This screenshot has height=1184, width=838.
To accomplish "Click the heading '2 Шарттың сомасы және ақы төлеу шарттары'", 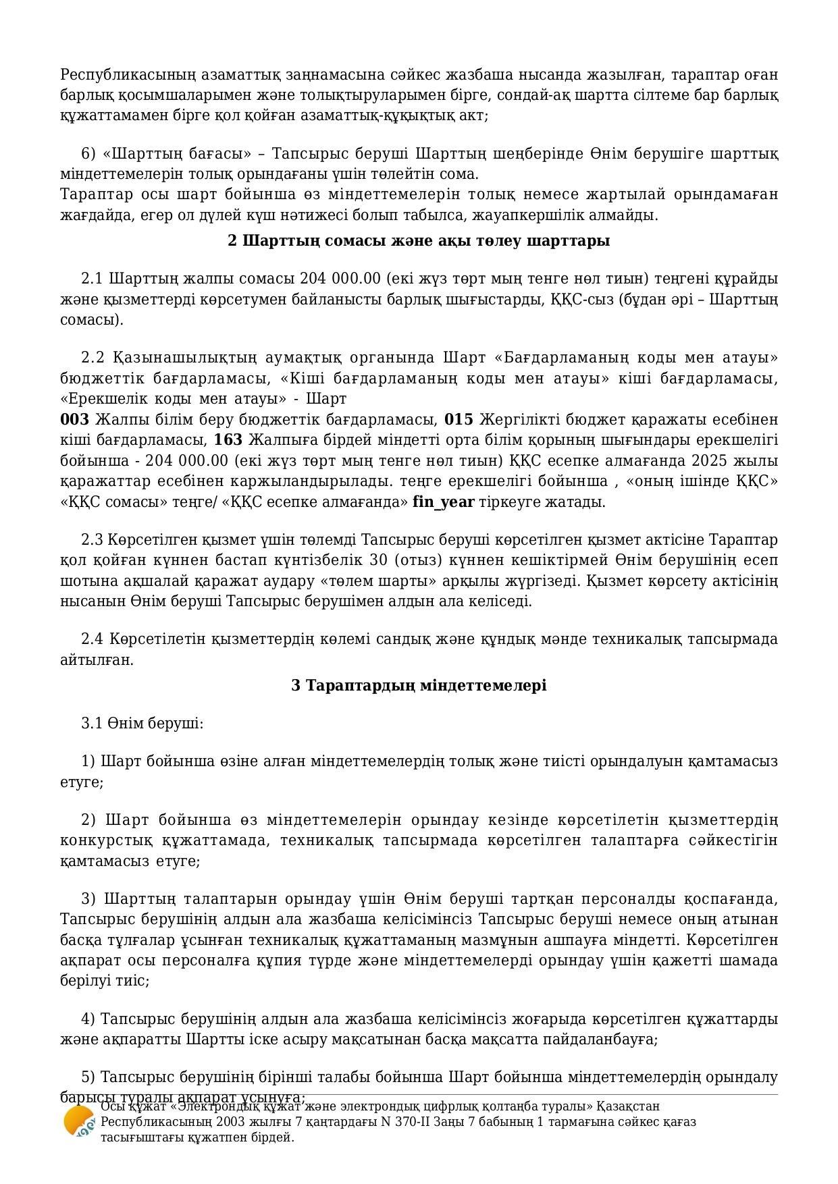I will [x=419, y=241].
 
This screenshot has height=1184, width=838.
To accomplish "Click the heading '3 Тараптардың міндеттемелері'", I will [x=419, y=686].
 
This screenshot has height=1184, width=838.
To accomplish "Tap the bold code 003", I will [x=74, y=420].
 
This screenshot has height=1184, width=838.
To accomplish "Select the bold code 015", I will [x=459, y=420].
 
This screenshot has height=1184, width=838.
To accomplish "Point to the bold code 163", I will [x=228, y=441].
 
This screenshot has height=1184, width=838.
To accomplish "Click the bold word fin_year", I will [x=444, y=502].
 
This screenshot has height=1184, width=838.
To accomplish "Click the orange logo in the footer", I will [x=78, y=1123].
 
